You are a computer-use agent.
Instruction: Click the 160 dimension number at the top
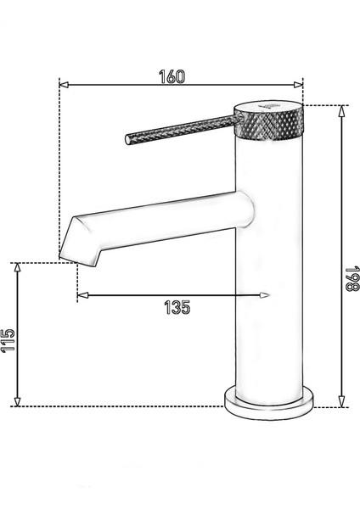click(172, 75)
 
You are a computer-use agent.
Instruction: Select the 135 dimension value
click(176, 306)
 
